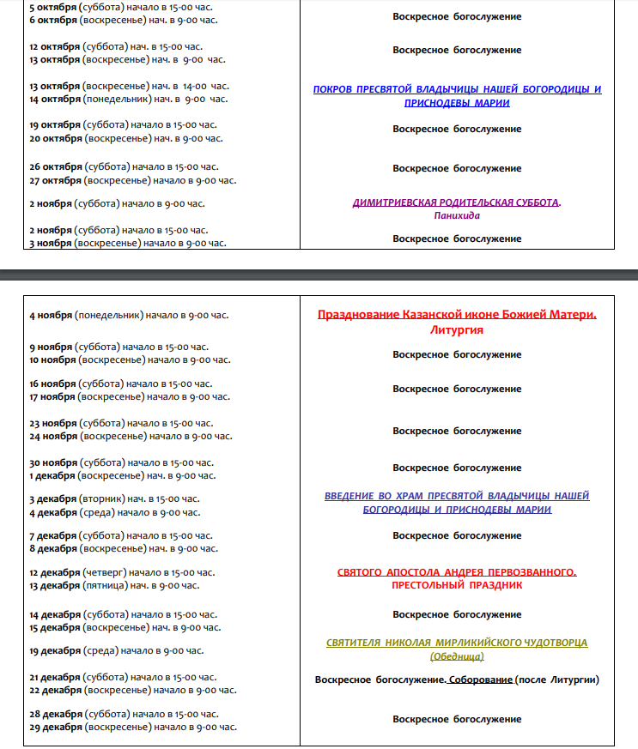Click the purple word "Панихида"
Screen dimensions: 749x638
point(457,216)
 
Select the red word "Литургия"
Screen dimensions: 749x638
point(457,330)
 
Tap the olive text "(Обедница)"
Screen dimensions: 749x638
point(457,656)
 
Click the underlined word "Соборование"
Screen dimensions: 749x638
point(481,680)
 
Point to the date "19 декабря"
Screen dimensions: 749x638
point(55,650)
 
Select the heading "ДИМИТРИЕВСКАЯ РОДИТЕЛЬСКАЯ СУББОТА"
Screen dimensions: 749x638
point(455,203)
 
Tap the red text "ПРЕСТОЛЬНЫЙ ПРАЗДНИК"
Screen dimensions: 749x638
point(457,585)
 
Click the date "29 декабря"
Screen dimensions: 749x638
point(55,728)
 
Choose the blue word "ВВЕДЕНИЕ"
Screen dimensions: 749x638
point(350,496)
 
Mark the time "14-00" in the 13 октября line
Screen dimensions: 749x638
point(194,86)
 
